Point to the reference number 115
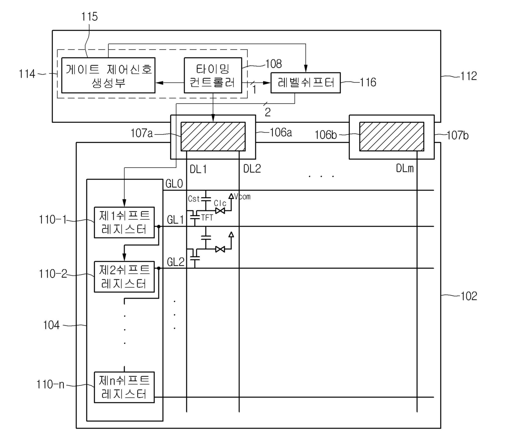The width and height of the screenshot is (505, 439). coord(90,17)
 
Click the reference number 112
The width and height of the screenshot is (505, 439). coord(469,76)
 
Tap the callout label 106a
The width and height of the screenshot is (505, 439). coord(281,132)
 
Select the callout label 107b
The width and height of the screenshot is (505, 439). coord(458,135)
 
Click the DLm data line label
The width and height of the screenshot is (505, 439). coord(405,168)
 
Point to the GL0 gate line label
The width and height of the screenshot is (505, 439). coord(174,183)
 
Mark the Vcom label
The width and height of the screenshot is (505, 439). coord(242,197)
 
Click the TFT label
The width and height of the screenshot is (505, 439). coord(207,218)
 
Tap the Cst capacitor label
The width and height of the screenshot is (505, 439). coord(194,199)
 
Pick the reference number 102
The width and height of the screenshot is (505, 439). coord(469,296)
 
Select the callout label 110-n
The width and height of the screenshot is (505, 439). coord(50,384)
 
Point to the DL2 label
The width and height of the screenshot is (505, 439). coord(252,168)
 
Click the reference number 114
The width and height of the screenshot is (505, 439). coord(27,74)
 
